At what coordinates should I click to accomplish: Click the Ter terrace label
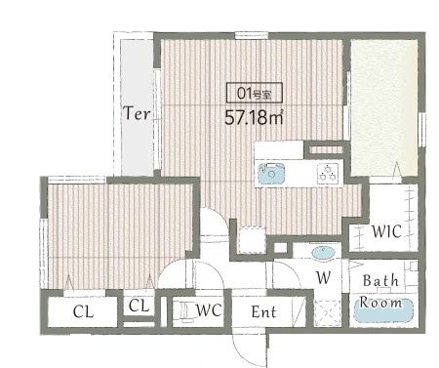tap(137, 113)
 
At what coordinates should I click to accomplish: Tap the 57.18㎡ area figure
tap(254, 117)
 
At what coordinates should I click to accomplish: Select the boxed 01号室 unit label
tap(255, 93)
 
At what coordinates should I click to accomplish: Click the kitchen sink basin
tap(271, 173)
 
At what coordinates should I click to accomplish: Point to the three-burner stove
tap(328, 173)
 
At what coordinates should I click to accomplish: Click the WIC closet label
tap(386, 231)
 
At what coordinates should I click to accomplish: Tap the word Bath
tap(380, 280)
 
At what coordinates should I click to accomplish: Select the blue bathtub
tap(383, 310)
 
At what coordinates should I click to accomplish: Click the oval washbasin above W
tap(323, 252)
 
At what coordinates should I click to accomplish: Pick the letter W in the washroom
tap(323, 277)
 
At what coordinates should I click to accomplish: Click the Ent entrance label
tap(263, 312)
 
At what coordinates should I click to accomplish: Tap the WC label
tap(209, 310)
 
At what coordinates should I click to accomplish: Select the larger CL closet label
tap(83, 311)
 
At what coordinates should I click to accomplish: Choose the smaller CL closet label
tap(139, 306)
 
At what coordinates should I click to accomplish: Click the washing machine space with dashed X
tap(328, 313)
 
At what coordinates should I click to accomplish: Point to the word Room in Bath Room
tap(380, 303)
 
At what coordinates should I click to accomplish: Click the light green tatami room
tap(384, 108)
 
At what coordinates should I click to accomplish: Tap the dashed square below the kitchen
tap(251, 240)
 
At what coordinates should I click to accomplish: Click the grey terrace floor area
tap(138, 107)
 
